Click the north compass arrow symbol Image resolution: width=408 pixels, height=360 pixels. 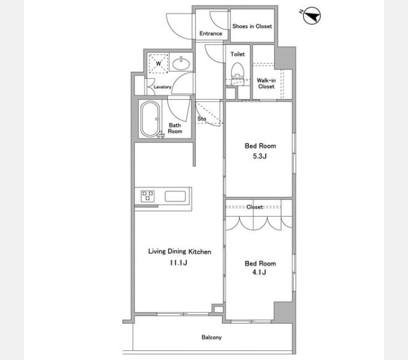pos(311,16)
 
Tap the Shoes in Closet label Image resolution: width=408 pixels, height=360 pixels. pos(252,26)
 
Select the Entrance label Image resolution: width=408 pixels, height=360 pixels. pos(211,34)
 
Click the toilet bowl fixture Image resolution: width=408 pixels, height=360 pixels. pos(238,73)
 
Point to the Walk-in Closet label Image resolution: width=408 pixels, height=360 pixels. pos(266,83)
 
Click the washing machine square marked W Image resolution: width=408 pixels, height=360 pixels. pos(158,63)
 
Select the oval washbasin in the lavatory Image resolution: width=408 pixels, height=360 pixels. pos(181,63)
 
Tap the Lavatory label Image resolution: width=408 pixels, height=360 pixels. pos(163,87)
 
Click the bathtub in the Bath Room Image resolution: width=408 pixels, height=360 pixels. pos(150,119)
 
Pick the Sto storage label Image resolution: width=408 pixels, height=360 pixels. pos(202,119)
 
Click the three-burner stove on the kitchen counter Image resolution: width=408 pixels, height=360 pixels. pos(148,196)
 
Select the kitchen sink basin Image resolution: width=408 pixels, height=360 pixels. pos(175,196)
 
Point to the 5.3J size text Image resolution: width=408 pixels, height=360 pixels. pos(260,156)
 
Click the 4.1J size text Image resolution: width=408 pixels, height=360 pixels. pos(259,272)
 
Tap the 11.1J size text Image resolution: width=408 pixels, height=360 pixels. pos(179,263)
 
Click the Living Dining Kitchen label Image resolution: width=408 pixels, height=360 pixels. pos(179,251)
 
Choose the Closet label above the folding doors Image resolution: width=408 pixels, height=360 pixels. pos(255,207)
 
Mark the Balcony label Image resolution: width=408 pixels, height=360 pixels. pos(212,337)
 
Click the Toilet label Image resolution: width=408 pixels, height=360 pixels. pos(238,54)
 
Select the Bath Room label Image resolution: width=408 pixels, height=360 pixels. pos(175,128)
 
